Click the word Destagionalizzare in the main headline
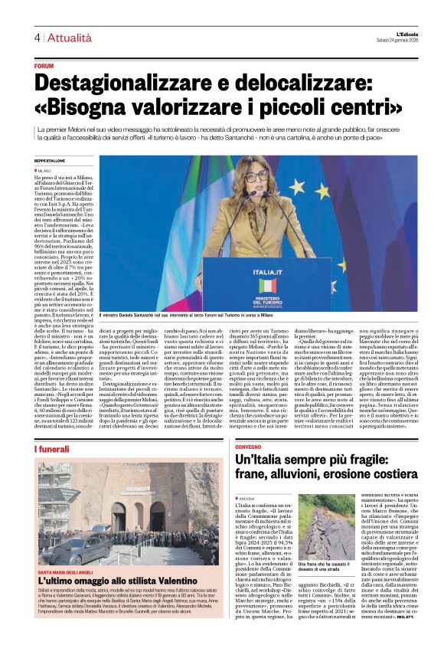132,82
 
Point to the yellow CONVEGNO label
249,445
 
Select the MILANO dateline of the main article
45,170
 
